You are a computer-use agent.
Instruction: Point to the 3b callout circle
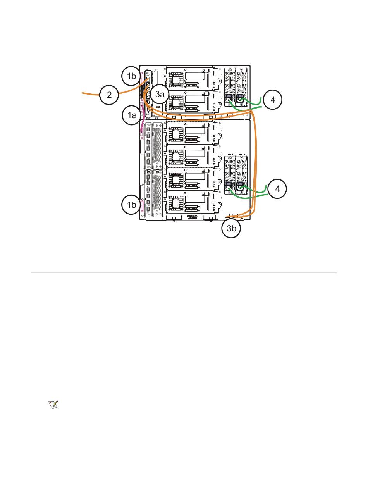click(231, 228)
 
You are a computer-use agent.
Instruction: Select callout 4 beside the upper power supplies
click(273, 100)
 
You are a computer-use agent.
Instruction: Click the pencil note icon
click(53, 405)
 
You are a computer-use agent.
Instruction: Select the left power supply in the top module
click(229, 87)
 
